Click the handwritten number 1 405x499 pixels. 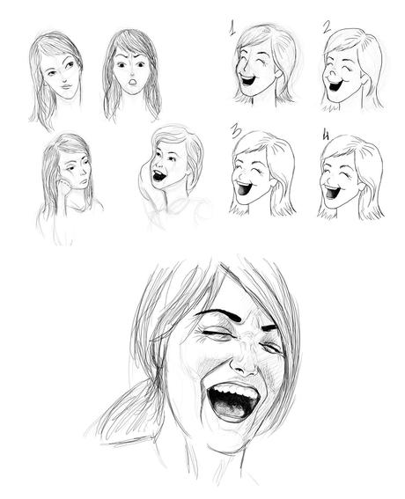tap(232, 27)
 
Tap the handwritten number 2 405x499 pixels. tap(327, 27)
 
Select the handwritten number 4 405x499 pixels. tap(326, 135)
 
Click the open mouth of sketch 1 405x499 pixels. tap(247, 79)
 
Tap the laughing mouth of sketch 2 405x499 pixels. tap(335, 84)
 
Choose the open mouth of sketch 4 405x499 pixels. tap(331, 192)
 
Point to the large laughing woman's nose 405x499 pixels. tap(244, 361)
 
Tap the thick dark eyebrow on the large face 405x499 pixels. tap(219, 313)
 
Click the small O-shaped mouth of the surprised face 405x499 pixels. tap(132, 83)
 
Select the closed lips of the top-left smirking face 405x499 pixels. tap(66, 86)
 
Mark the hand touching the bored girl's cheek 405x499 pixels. tap(64, 187)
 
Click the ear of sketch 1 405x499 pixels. tap(278, 72)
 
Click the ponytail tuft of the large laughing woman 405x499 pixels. tap(129, 410)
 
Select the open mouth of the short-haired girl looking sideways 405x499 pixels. tap(158, 176)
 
